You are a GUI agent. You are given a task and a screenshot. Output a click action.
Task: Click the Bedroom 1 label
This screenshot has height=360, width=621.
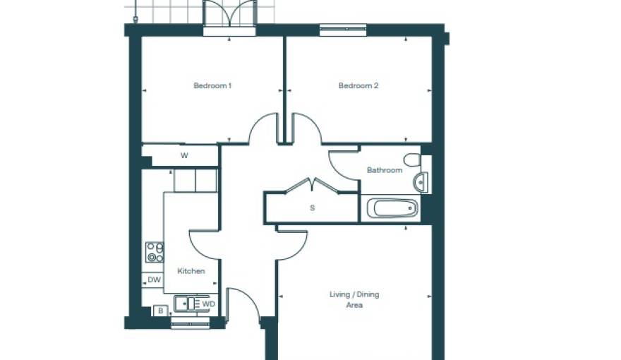212,86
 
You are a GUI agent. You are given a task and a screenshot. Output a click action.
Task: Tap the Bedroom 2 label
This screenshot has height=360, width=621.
358,86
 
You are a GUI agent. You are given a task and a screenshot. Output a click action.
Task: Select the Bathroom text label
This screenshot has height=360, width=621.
385,170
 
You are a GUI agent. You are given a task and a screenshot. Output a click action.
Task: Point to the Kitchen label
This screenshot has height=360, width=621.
191,271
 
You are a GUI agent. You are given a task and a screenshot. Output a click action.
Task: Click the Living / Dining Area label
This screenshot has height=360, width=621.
354,300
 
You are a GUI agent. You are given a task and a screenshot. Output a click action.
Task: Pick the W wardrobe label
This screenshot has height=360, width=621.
184,156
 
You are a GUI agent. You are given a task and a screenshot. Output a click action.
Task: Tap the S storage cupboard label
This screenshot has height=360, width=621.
312,208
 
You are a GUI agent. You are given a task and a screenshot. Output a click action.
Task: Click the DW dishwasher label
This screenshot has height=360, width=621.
153,280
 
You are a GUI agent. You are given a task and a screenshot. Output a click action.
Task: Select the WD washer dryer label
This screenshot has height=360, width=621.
208,304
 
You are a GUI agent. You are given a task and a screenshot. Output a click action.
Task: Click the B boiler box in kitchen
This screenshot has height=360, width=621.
161,311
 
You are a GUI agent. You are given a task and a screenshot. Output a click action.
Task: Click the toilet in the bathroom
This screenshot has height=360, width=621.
412,160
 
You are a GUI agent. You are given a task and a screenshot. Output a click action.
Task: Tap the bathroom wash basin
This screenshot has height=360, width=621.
421,181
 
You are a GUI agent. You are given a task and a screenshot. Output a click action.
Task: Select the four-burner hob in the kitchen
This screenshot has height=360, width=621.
155,252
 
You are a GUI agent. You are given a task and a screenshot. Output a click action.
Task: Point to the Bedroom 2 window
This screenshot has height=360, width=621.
343,30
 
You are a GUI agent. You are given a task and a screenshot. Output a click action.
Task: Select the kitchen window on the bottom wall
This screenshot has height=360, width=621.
191,324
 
